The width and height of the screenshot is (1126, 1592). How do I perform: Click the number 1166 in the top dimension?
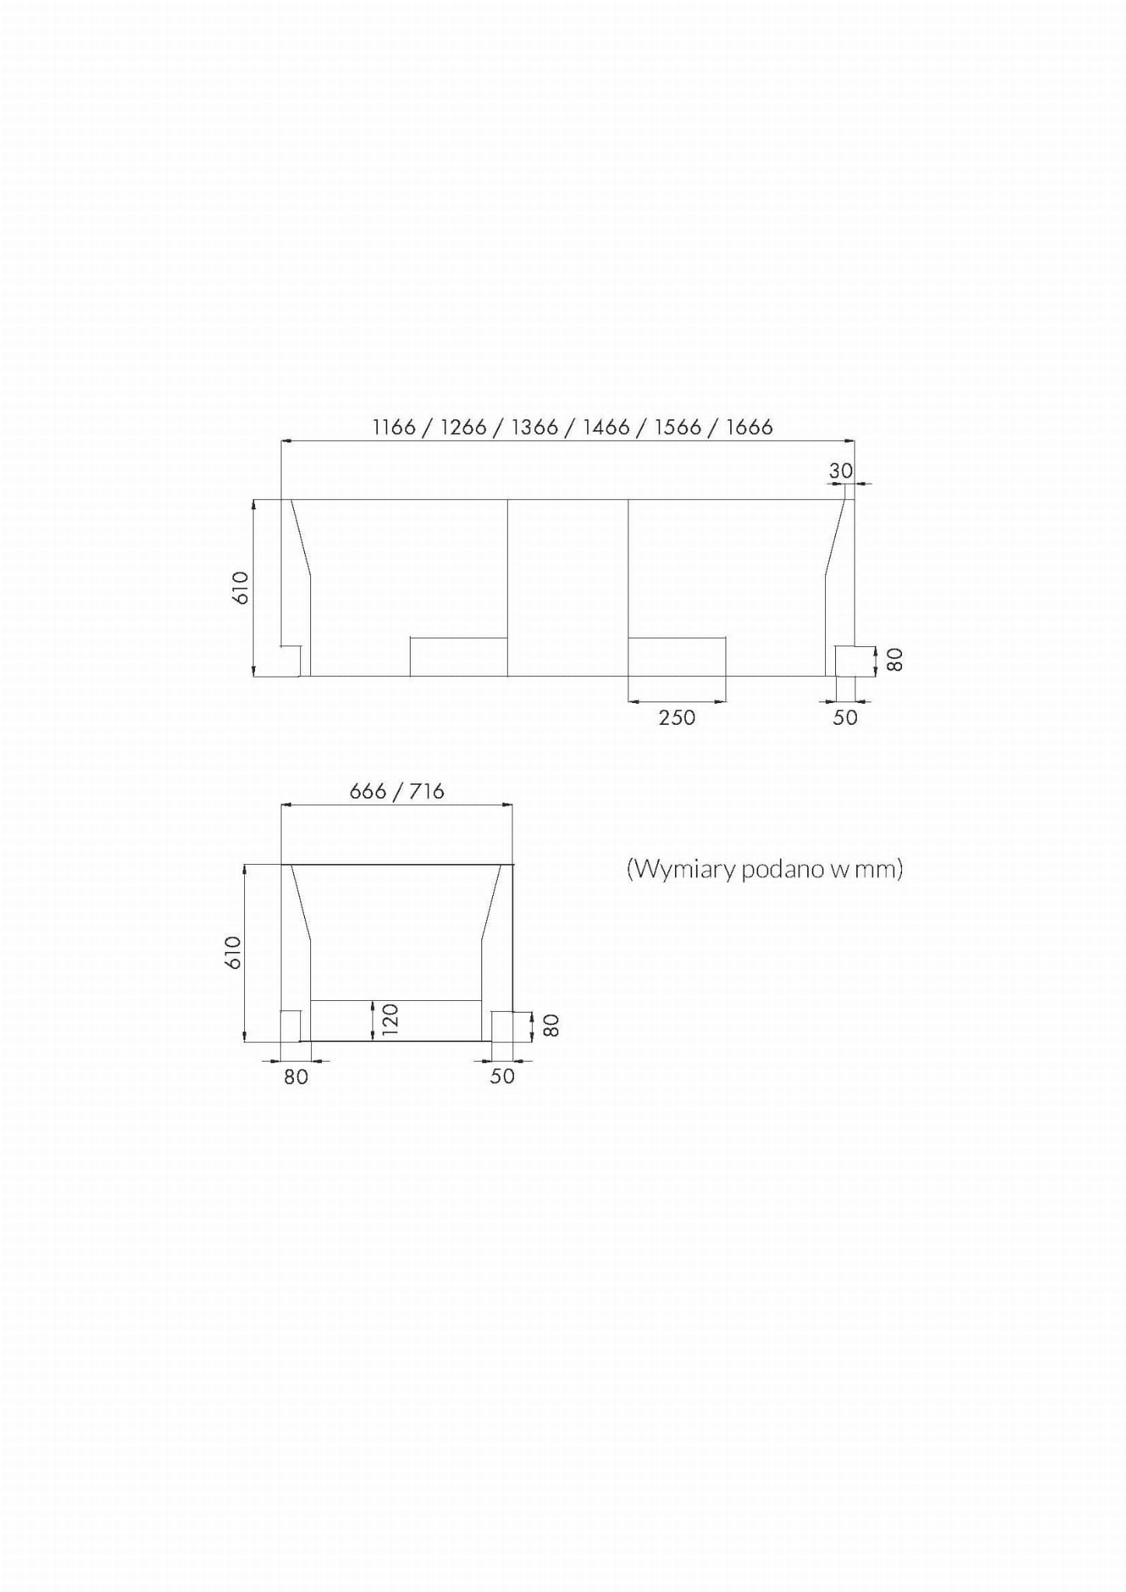(x=394, y=427)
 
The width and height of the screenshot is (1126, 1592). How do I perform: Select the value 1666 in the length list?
(x=750, y=427)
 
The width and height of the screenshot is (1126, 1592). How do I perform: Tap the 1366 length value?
(x=535, y=427)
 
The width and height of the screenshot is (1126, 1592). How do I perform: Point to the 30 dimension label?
(x=841, y=471)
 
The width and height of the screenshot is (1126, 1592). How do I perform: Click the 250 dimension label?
(x=677, y=717)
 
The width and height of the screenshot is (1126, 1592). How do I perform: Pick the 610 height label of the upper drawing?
(x=241, y=588)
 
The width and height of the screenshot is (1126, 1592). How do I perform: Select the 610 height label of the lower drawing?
(x=233, y=952)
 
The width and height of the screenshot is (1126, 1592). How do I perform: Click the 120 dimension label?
(x=390, y=1019)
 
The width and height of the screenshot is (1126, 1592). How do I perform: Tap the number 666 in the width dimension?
(x=368, y=791)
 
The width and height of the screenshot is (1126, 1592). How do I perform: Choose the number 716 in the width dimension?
(x=426, y=791)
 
